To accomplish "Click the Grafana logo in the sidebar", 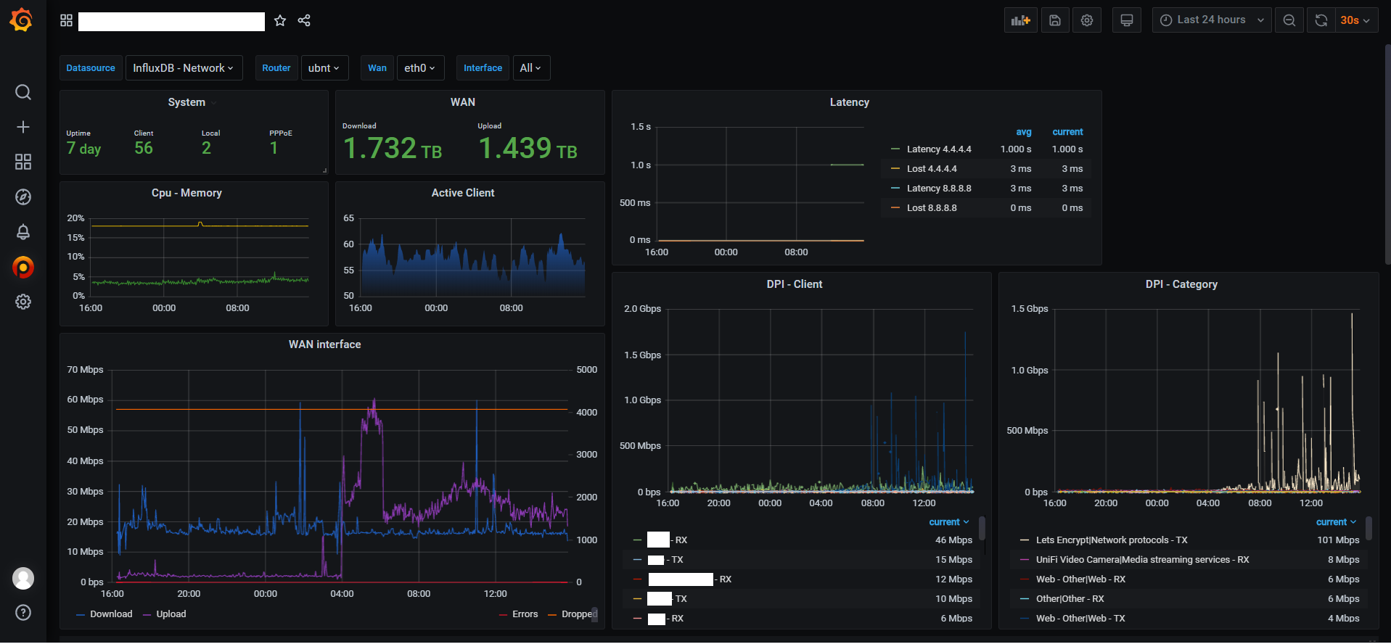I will [x=21, y=20].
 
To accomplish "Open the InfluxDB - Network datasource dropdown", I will [x=183, y=68].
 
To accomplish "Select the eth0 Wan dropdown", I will [x=419, y=68].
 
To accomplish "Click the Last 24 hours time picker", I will [x=1211, y=20].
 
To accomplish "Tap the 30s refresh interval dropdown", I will [x=1354, y=20].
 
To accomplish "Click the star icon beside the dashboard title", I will [x=280, y=21].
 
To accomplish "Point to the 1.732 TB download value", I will [x=392, y=149].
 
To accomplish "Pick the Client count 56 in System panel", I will [x=144, y=149].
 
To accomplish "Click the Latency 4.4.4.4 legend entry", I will [x=938, y=149].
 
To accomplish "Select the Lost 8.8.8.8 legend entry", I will [x=931, y=208].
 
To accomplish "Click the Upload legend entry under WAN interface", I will [x=171, y=614].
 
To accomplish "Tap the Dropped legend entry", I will [x=578, y=614].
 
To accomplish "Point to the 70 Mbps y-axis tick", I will [x=85, y=370].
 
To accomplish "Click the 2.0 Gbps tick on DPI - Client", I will [x=642, y=309].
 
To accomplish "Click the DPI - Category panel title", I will [x=1181, y=284].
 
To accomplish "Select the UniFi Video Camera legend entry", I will [x=1141, y=560].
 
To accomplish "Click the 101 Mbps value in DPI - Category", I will [x=1337, y=540].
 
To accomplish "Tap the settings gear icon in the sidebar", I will [x=23, y=302].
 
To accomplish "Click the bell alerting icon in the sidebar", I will [x=23, y=232].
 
